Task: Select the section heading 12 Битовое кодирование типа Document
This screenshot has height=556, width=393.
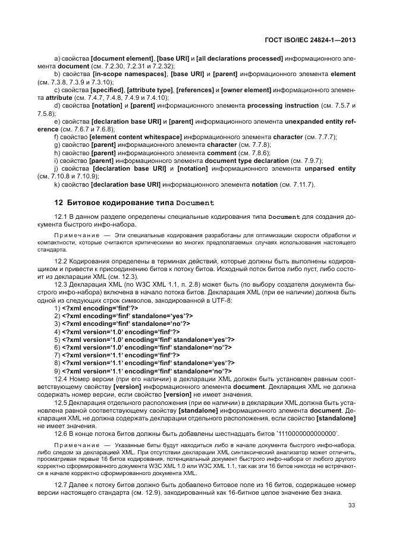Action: click(134, 203)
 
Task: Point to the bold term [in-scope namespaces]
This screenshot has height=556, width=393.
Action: click(130, 74)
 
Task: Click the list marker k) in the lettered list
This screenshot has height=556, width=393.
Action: click(57, 184)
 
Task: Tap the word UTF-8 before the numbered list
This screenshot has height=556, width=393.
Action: click(179, 300)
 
